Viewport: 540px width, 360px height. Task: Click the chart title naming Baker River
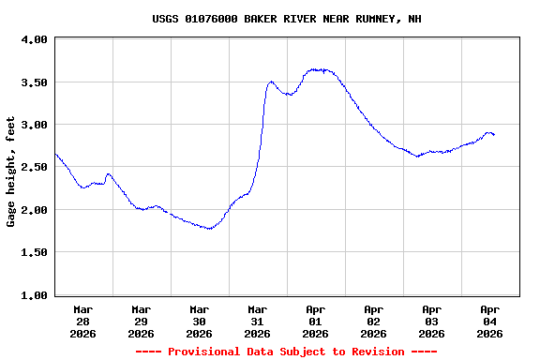coord(287,19)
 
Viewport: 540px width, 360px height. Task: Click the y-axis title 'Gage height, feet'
coord(11,172)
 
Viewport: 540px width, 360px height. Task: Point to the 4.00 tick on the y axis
coord(35,40)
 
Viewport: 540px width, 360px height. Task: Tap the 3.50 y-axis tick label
coord(35,82)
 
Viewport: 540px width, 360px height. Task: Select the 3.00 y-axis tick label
coord(35,125)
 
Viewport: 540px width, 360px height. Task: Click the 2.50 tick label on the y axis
coord(35,167)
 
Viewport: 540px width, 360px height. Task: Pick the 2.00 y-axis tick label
coord(35,210)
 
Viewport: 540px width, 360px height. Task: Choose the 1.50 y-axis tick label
coord(35,252)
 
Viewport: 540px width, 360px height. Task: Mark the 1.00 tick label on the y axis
coord(35,295)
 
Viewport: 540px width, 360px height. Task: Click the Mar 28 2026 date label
coord(83,321)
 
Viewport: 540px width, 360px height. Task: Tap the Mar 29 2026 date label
coord(142,321)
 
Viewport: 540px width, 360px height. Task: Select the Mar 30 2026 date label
coord(200,321)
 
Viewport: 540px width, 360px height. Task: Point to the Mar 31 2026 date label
coord(258,321)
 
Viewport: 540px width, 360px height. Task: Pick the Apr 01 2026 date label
coord(316,321)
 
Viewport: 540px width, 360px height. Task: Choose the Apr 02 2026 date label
coord(374,321)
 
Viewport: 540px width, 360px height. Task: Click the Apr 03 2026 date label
coord(432,321)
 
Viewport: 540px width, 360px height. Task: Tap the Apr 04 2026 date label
coord(490,321)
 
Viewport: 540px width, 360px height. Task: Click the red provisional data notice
coord(286,352)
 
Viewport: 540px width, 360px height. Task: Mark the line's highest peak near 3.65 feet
coord(319,69)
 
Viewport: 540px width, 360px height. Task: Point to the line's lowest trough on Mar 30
coord(209,228)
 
